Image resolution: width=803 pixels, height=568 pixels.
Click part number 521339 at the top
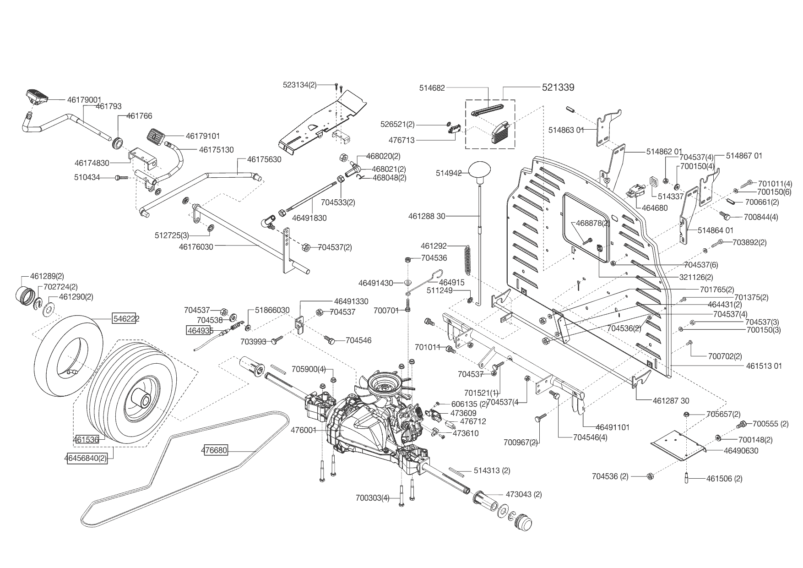[558, 87]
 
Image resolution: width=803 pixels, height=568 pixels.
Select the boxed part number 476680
[214, 451]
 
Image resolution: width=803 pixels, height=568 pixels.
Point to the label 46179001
[84, 99]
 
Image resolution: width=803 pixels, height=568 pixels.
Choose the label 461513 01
[764, 366]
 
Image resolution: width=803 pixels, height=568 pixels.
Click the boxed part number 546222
[126, 319]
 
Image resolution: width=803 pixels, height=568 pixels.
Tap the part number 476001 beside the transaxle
[304, 430]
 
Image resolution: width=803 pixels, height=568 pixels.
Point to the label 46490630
[741, 451]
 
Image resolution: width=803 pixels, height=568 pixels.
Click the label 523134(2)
[300, 85]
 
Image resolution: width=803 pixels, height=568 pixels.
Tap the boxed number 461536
[86, 440]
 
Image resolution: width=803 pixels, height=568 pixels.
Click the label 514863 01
[566, 130]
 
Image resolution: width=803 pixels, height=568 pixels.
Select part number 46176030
[196, 246]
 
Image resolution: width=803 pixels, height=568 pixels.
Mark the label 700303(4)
[372, 498]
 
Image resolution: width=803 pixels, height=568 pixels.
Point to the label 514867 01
[744, 156]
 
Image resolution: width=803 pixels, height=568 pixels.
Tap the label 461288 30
[427, 216]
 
